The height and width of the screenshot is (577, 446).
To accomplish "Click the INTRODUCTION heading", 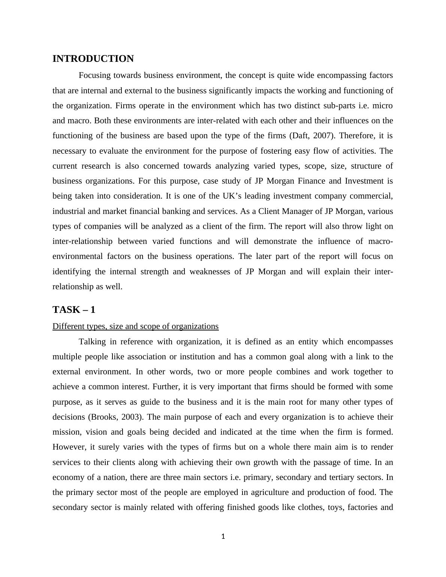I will click(93, 59).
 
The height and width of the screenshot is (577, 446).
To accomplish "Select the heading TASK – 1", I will click(74, 310).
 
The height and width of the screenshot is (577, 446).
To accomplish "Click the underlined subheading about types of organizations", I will click(135, 326).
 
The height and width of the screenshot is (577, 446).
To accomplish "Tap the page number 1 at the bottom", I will click(223, 537).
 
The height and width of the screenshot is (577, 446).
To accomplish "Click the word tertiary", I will click(342, 477).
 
